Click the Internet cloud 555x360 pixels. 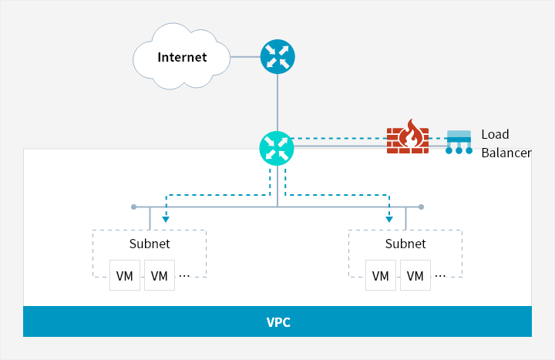tap(182, 56)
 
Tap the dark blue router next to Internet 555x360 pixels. tap(277, 56)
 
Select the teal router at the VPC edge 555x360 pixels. tap(277, 147)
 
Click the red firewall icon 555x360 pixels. tap(407, 138)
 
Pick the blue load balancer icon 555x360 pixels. tap(459, 142)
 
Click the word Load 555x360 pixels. tap(495, 134)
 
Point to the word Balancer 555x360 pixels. tap(506, 153)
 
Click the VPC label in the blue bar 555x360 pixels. tap(277, 321)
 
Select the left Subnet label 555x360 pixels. tap(150, 244)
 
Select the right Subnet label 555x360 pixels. tap(405, 244)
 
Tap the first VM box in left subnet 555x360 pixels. tap(125, 275)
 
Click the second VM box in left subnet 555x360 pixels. tap(160, 275)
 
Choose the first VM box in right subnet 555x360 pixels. tap(381, 275)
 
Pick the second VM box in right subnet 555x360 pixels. tap(415, 275)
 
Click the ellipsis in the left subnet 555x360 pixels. tap(185, 275)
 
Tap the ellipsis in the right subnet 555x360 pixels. tap(440, 275)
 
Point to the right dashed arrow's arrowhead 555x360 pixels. tap(389, 218)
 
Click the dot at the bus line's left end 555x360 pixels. tap(133, 207)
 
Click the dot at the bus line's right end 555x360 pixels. tap(421, 207)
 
